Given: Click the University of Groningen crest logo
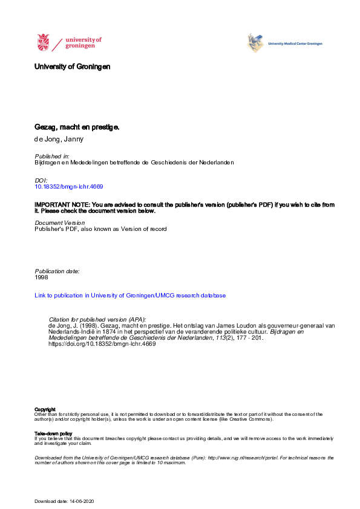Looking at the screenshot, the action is [44, 43].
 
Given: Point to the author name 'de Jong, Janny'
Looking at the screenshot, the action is [60, 139].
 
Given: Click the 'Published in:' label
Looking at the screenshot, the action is [52, 156].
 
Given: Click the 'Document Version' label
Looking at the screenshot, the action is [59, 223].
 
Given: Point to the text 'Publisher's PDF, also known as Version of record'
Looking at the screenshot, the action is [100, 229].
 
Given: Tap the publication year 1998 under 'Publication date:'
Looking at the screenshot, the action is [42, 277].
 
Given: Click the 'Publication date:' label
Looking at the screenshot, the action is [57, 271].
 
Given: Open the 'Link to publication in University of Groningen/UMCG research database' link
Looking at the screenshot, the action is [130, 296].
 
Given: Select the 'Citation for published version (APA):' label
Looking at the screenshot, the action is [97, 319].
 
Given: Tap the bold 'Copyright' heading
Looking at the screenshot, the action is [45, 409].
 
